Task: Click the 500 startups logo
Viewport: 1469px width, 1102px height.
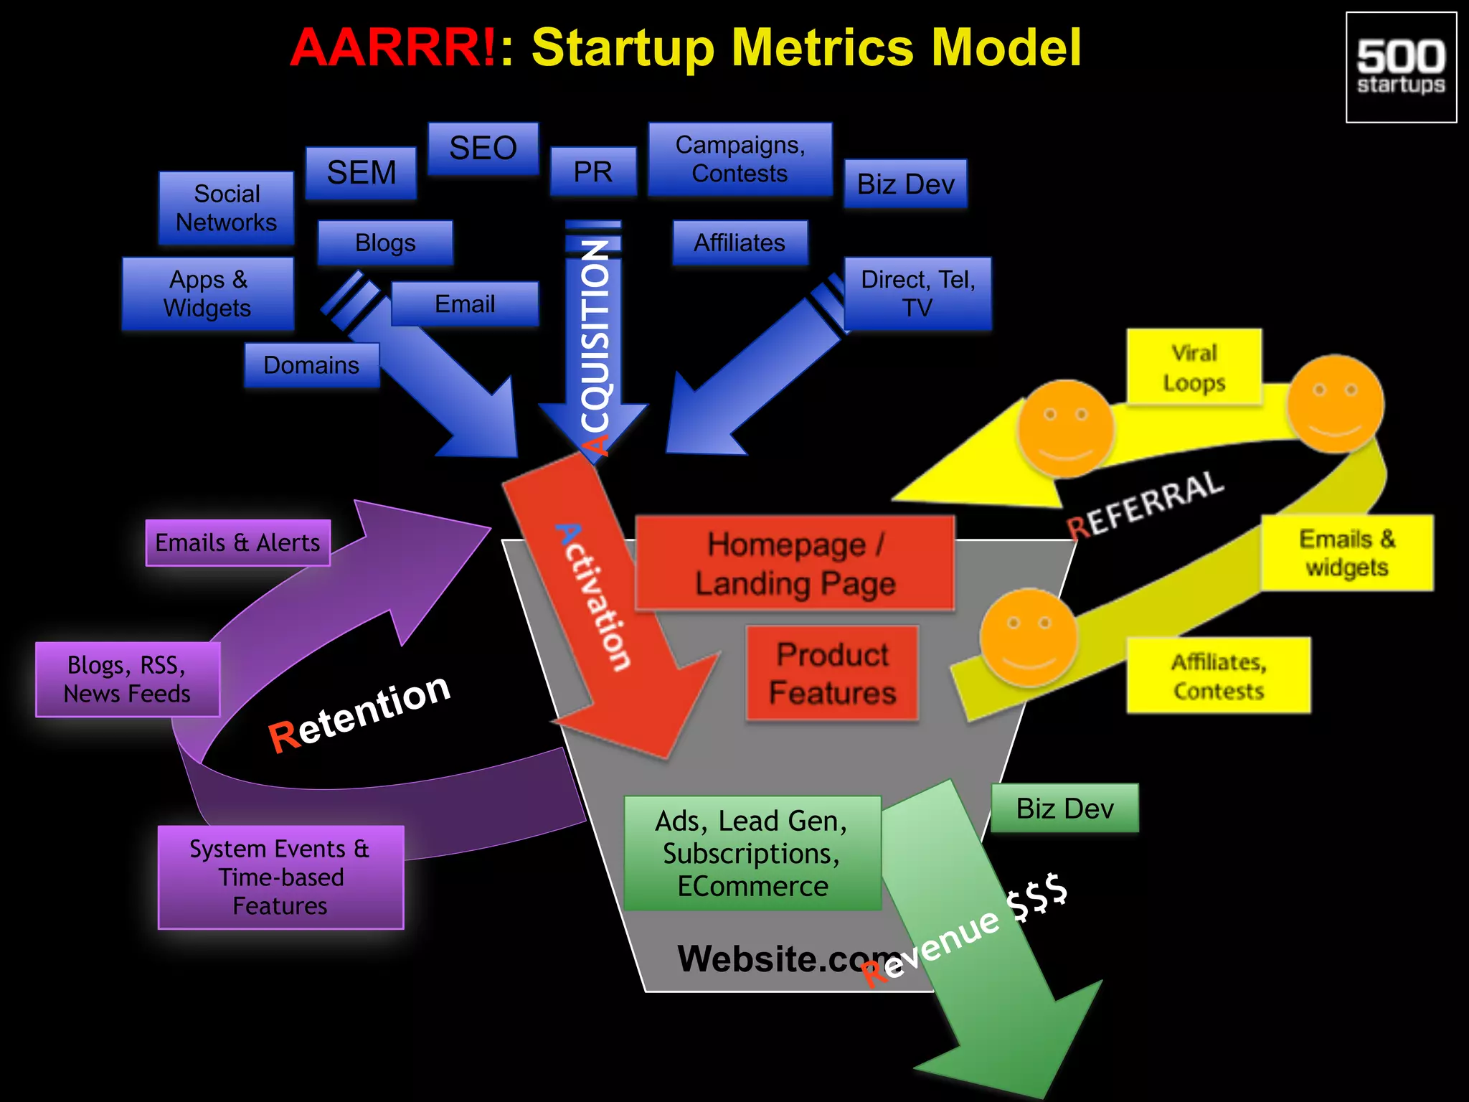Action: pos(1401,67)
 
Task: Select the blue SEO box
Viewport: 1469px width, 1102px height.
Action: pos(483,149)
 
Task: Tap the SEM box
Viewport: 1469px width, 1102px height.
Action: pos(361,173)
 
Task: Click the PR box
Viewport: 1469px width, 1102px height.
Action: pos(593,171)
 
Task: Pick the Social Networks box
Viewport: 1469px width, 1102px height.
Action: pos(226,208)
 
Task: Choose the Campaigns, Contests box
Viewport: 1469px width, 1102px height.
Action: pos(740,159)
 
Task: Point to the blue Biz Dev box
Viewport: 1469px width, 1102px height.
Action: pos(905,184)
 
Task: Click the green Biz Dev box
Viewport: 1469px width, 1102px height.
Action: pos(1064,809)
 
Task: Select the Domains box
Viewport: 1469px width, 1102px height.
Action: pos(311,365)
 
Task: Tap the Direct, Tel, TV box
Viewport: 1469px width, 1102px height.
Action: pos(917,293)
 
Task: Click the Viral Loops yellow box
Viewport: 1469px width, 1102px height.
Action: pos(1194,368)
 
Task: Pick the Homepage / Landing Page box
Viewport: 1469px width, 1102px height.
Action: pos(795,564)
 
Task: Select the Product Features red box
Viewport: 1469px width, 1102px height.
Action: pos(832,674)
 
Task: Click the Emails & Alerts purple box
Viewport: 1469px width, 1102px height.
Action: pos(237,543)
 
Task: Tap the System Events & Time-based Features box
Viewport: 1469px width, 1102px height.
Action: pos(280,877)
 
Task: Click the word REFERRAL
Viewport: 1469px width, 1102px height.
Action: pos(1146,504)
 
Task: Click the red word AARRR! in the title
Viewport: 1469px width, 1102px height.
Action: pos(392,47)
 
